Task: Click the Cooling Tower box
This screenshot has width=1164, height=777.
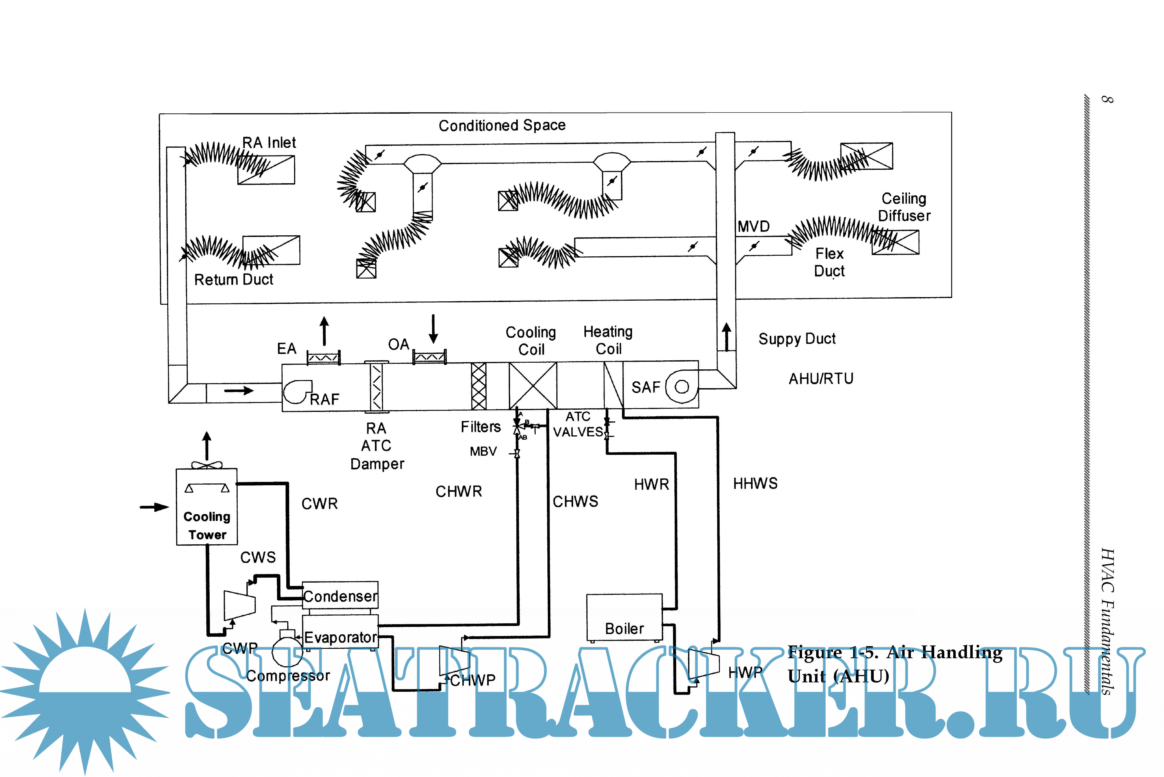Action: click(x=207, y=507)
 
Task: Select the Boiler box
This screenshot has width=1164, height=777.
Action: click(x=624, y=617)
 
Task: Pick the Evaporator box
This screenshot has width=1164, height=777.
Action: click(x=340, y=632)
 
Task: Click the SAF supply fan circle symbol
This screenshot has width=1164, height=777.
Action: click(x=681, y=387)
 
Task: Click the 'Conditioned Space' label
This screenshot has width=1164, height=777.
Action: click(x=502, y=125)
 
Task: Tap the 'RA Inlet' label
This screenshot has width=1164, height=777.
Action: click(x=269, y=143)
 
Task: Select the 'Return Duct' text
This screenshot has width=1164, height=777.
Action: click(x=234, y=279)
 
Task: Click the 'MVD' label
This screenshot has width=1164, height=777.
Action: click(x=753, y=226)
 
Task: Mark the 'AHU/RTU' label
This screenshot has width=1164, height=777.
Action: click(x=821, y=379)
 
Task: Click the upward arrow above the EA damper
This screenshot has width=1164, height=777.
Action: click(x=324, y=330)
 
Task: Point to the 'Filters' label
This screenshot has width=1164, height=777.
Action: click(x=481, y=427)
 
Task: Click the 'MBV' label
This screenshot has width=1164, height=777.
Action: click(x=483, y=451)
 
